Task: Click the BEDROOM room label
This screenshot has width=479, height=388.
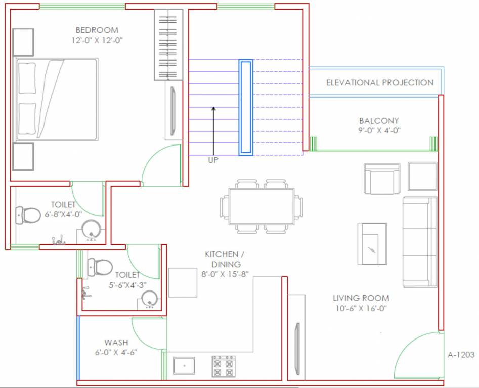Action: coord(97,30)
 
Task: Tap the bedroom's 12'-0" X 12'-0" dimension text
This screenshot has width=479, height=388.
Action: coord(97,40)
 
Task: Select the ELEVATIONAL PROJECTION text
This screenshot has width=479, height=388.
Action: coord(379,82)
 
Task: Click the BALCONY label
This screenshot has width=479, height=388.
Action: coord(379,121)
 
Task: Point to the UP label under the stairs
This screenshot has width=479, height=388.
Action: coord(213,160)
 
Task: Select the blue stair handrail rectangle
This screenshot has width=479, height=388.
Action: coord(246,107)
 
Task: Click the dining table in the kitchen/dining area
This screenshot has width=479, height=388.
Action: coord(261,207)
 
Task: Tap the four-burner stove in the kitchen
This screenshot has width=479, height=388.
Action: coord(223,366)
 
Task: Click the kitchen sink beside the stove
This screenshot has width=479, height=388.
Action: coord(184,365)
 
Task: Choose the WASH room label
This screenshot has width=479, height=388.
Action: coord(116,342)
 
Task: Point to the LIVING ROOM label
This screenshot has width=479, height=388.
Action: coord(361,298)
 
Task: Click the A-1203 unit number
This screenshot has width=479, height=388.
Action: coord(461,355)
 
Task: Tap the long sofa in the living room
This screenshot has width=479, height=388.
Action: coord(419,242)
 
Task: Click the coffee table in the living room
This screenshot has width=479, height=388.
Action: coord(372,244)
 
